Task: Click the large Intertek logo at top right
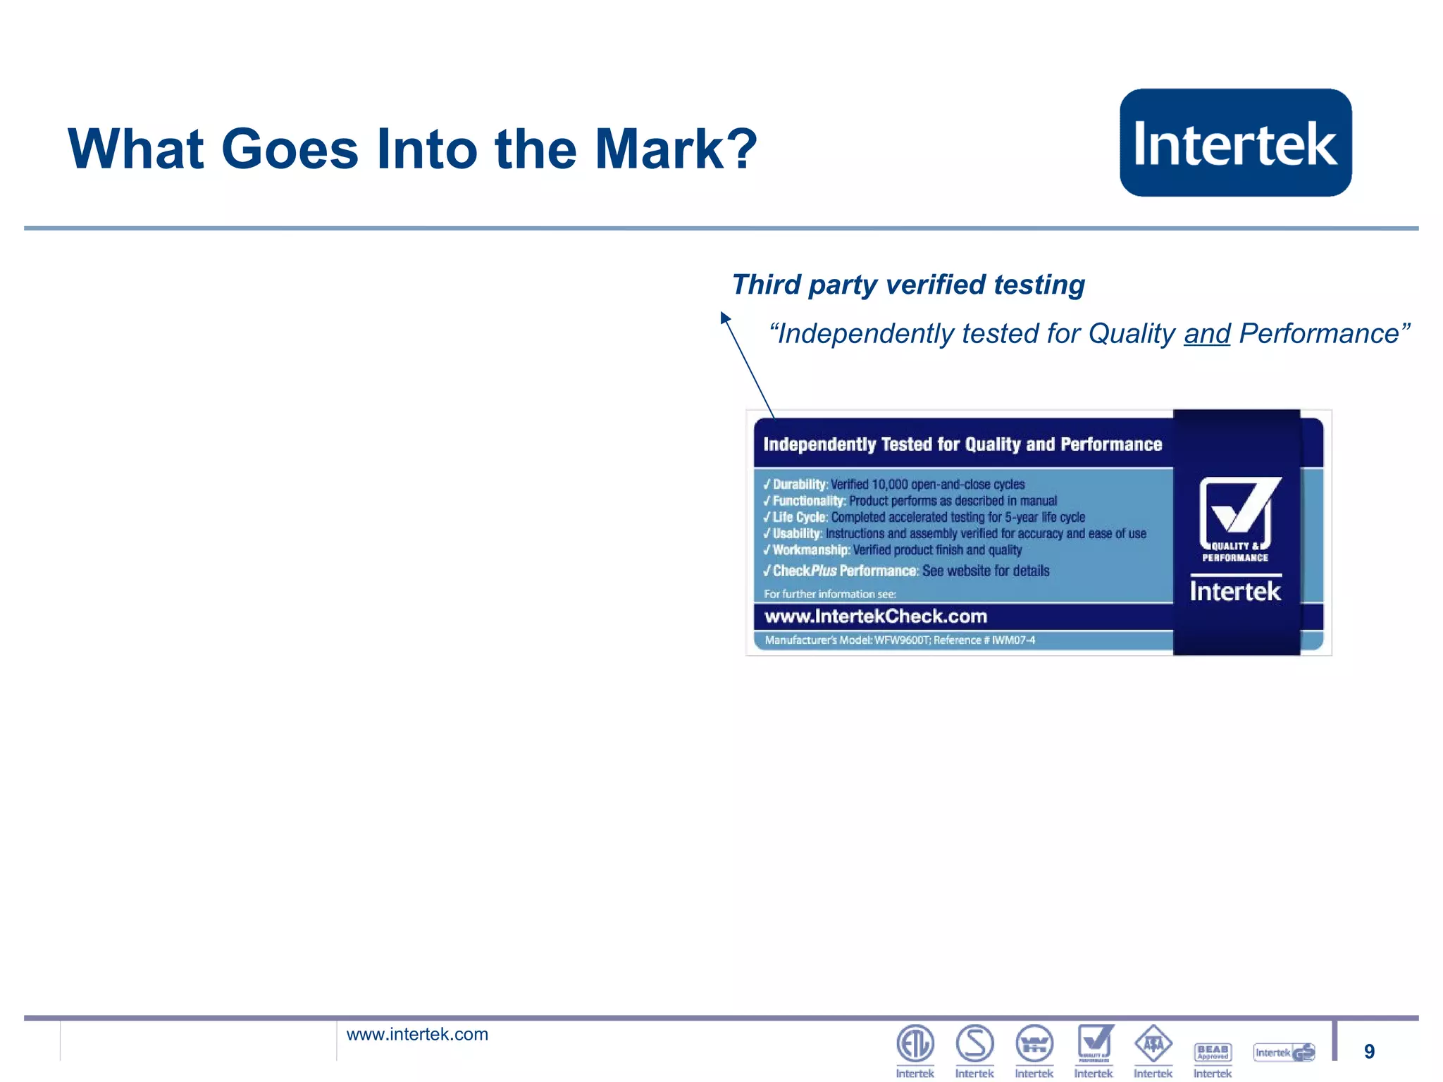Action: (x=1235, y=143)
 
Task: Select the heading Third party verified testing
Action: (x=908, y=285)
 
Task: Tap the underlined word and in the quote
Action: (x=1206, y=334)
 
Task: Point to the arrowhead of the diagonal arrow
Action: (x=725, y=318)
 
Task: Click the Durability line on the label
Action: (x=893, y=484)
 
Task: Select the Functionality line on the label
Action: (x=910, y=501)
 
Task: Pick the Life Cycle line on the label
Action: (x=924, y=517)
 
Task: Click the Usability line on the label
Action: (x=954, y=533)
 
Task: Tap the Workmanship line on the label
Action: (x=892, y=550)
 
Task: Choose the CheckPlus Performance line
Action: (x=906, y=571)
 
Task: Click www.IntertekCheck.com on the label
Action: (x=875, y=616)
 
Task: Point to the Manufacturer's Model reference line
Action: (x=900, y=640)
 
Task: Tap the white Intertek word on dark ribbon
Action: (x=1235, y=591)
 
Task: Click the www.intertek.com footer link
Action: (x=417, y=1034)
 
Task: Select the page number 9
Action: (x=1369, y=1051)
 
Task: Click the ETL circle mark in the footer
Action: (x=915, y=1043)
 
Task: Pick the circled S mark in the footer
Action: (x=974, y=1043)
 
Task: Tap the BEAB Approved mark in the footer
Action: (x=1213, y=1052)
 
